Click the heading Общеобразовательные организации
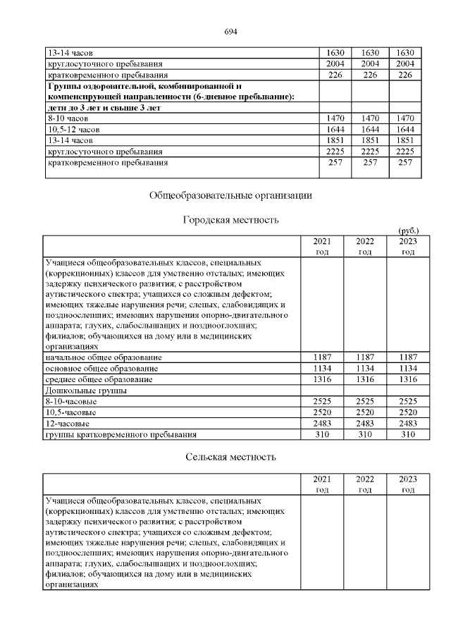pyautogui.click(x=230, y=195)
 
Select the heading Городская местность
pyautogui.click(x=230, y=220)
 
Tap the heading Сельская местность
pyautogui.click(x=230, y=457)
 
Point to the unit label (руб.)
pyautogui.click(x=409, y=231)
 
